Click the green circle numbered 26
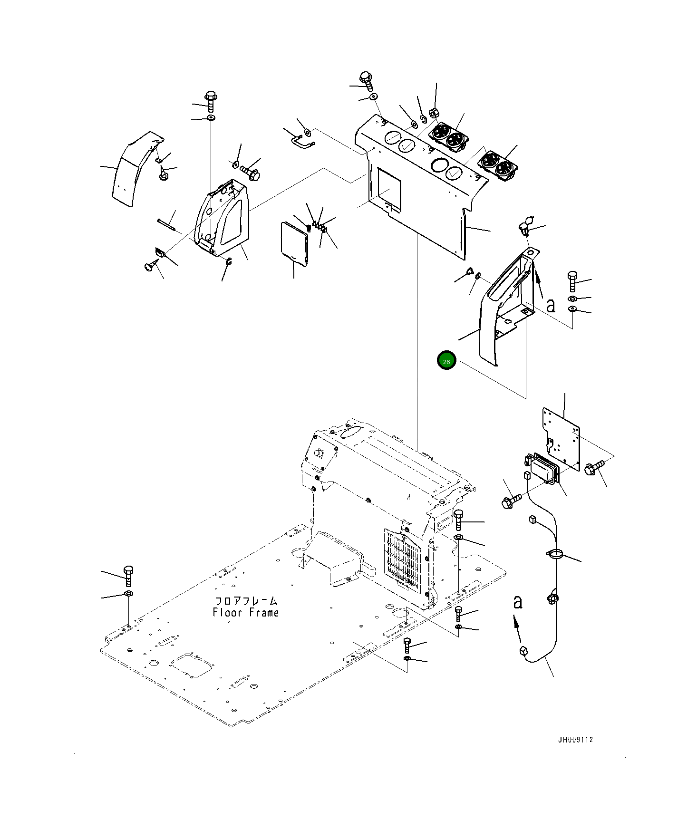(446, 361)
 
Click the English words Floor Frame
(246, 613)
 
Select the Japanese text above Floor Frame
(246, 601)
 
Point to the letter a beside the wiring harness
(518, 602)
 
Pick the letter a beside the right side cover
(551, 305)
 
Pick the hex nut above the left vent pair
(433, 113)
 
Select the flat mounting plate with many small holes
(561, 435)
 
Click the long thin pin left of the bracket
(166, 224)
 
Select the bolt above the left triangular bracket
(211, 101)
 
